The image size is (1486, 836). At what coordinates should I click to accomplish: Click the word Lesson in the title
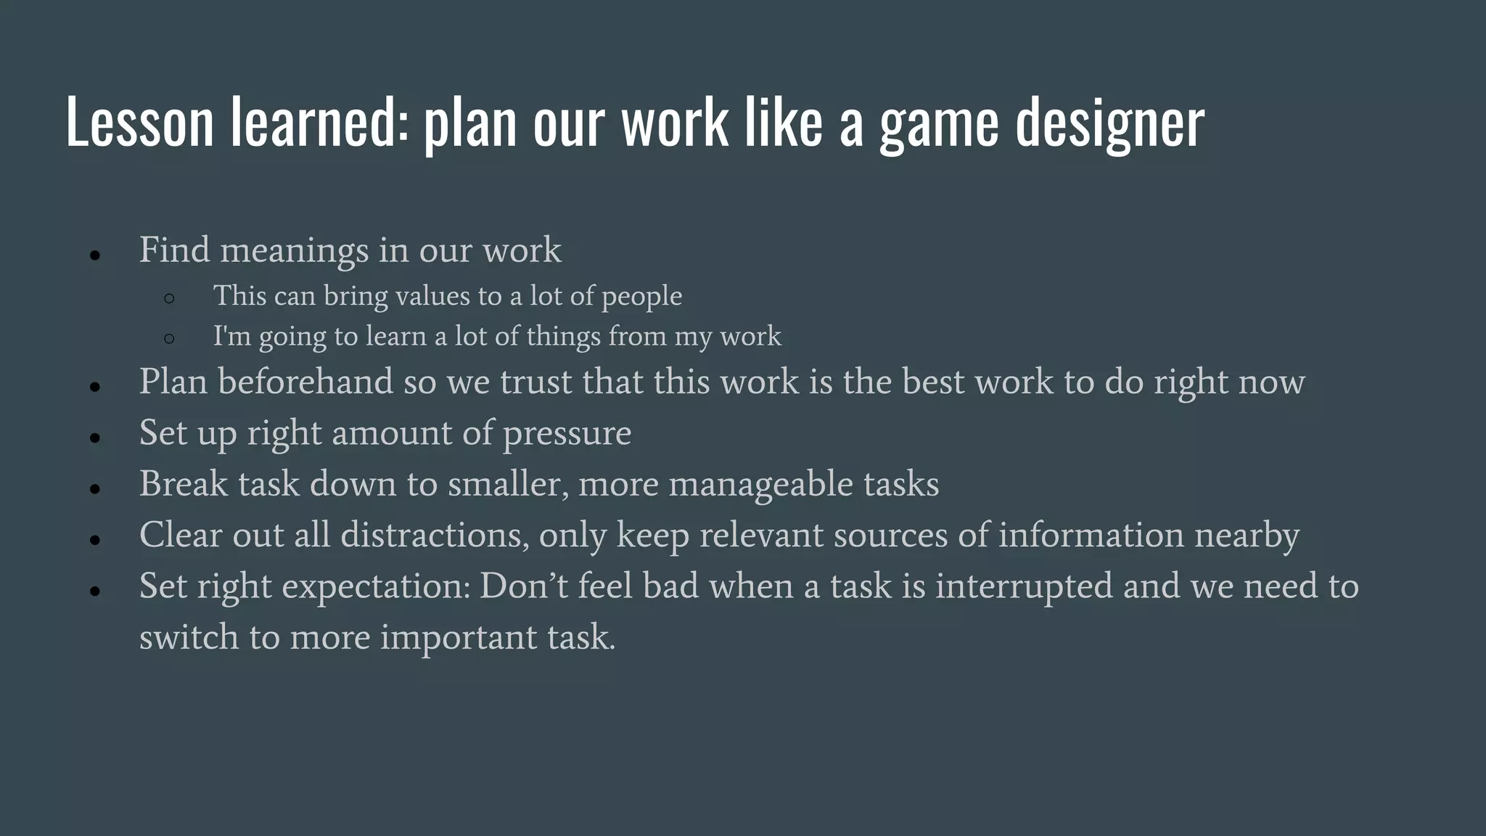139,122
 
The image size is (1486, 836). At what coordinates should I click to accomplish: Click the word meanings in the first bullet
295,251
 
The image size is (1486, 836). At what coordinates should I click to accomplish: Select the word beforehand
305,382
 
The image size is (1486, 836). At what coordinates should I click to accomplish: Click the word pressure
567,434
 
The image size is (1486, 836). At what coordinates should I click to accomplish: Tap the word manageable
760,485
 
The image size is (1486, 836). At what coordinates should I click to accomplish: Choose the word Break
184,484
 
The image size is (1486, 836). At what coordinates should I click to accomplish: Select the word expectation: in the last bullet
376,587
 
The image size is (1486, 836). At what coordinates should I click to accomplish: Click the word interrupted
1023,586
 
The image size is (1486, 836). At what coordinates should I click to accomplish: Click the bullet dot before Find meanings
95,255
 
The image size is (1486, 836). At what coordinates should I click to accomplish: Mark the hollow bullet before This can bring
169,298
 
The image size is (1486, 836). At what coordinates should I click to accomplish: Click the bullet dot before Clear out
95,540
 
